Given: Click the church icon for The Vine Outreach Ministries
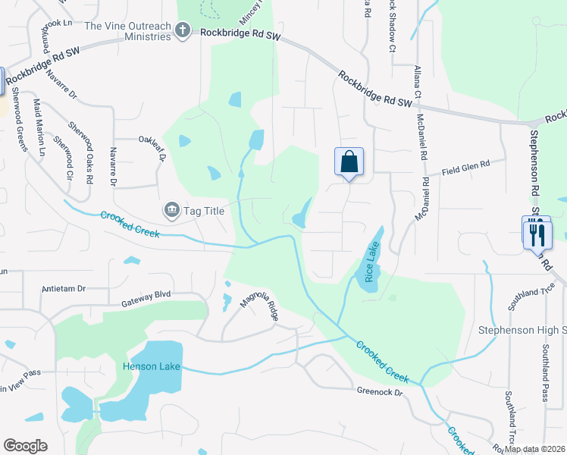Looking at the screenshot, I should (x=182, y=31).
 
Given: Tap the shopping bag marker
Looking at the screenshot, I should (x=349, y=162).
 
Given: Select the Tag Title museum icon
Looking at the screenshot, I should (x=171, y=210).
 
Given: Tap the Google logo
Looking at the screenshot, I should (x=25, y=446).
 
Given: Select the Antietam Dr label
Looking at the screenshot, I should (x=66, y=289).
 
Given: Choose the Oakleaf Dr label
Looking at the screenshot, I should (x=152, y=143).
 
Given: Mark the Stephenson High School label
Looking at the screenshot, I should (x=522, y=330).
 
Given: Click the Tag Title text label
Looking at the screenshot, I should (x=205, y=211).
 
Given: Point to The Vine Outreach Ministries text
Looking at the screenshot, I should (x=127, y=31).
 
